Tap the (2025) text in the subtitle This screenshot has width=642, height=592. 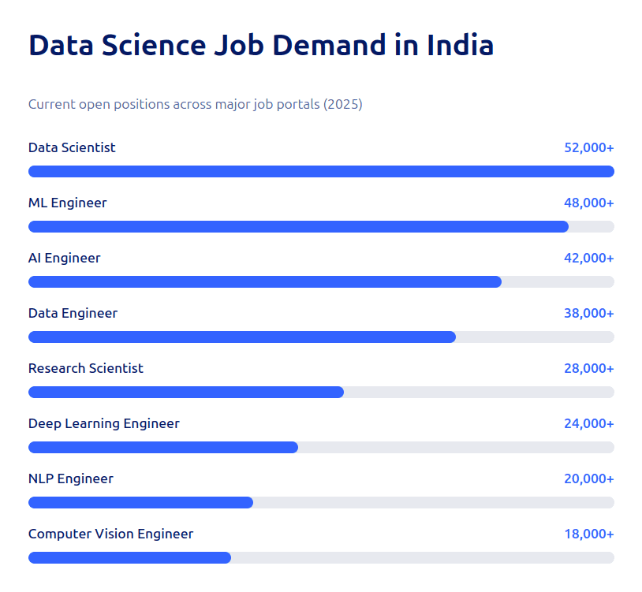click(x=342, y=104)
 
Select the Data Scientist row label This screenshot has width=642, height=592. click(x=72, y=147)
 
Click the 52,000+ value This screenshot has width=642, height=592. click(x=588, y=147)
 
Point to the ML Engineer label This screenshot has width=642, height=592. click(x=67, y=203)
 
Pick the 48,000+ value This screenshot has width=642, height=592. click(x=588, y=203)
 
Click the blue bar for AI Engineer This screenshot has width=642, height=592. click(x=264, y=281)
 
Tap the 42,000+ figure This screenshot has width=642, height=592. click(x=588, y=258)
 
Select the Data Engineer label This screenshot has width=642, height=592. click(x=73, y=313)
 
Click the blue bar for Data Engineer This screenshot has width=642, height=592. click(x=241, y=337)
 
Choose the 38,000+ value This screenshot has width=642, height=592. click(x=588, y=313)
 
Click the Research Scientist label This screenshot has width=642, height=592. click(x=86, y=368)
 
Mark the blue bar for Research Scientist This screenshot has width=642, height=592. click(x=185, y=392)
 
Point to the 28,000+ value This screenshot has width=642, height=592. click(x=588, y=368)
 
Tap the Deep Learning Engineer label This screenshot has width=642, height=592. click(x=103, y=423)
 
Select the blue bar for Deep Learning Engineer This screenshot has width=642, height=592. click(x=162, y=447)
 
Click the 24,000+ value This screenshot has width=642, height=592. click(x=588, y=423)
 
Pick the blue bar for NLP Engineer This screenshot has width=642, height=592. click(x=140, y=502)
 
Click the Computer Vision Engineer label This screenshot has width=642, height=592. click(x=110, y=534)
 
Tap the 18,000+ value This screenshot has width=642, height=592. click(x=588, y=534)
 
